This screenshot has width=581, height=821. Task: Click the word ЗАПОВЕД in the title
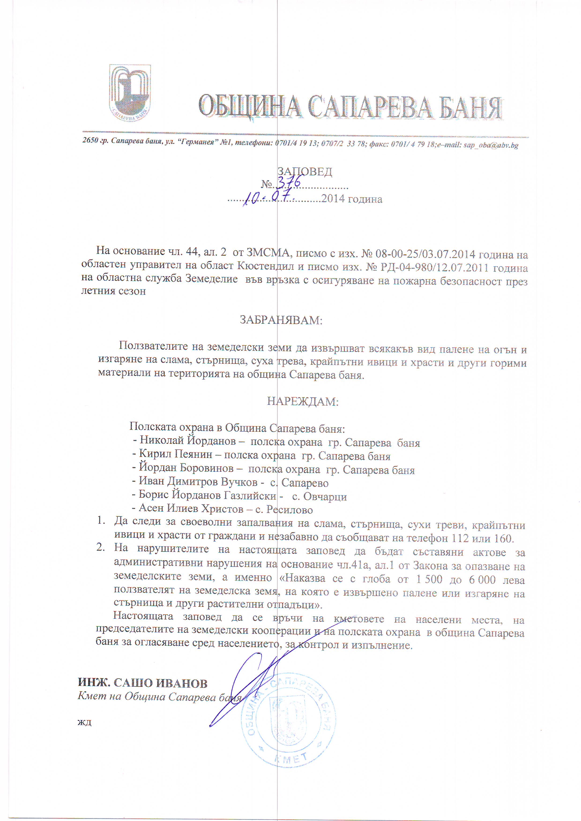coord(305,172)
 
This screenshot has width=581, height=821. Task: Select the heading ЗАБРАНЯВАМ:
coord(281,320)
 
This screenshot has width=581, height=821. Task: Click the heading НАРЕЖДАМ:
coord(303,401)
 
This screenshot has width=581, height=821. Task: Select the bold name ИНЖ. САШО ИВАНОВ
coord(143,683)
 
